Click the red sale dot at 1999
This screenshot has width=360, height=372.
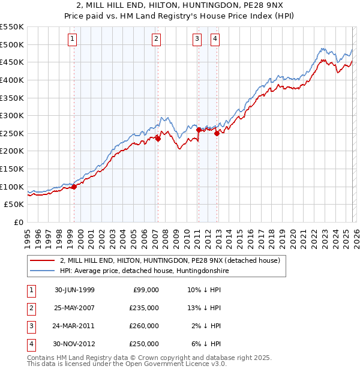[74, 187]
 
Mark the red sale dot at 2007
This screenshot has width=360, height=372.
[158, 139]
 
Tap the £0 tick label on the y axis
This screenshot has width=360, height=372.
[17, 222]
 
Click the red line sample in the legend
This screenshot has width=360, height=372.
[42, 261]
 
